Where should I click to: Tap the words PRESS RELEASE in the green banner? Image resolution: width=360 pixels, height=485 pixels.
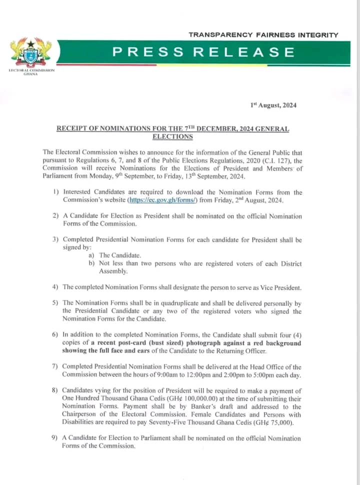pyautogui.click(x=203, y=52)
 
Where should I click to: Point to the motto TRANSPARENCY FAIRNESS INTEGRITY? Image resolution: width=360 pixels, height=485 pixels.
pyautogui.click(x=263, y=35)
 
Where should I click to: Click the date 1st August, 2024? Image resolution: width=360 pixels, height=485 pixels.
pyautogui.click(x=273, y=105)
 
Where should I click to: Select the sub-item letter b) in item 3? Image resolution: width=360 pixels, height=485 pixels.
pyautogui.click(x=91, y=263)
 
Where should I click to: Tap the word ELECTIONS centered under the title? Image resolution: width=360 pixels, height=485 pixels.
pyautogui.click(x=172, y=136)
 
